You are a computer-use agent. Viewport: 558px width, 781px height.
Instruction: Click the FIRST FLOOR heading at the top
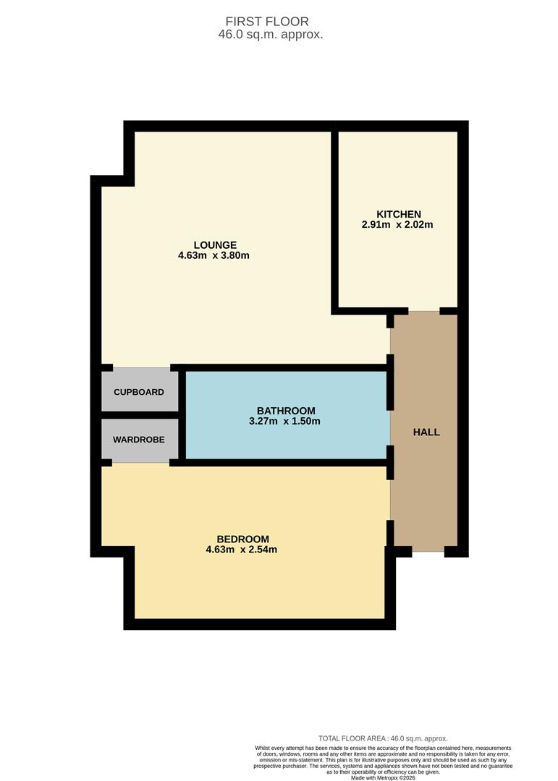[267, 22]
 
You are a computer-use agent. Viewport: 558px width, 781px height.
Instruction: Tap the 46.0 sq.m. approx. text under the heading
[270, 35]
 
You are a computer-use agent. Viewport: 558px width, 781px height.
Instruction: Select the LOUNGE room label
[215, 245]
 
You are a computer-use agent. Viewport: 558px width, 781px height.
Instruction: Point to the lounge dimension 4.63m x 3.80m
[214, 255]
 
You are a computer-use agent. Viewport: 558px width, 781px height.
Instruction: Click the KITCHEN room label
[399, 214]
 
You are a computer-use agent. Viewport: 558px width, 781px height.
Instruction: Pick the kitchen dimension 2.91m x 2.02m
[397, 225]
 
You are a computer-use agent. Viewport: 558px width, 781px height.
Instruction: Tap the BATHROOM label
[286, 411]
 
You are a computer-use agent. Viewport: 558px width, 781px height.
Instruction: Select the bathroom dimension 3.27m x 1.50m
[284, 422]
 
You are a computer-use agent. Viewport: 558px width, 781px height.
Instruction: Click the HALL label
[426, 432]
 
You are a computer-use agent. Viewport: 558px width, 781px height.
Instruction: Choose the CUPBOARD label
[139, 392]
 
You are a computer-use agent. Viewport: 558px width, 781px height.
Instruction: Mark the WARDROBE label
[139, 440]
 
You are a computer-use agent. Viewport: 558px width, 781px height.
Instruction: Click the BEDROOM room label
[243, 539]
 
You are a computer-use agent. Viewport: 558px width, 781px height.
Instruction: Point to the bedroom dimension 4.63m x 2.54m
[241, 550]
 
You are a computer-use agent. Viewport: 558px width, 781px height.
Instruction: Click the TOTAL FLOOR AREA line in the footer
[383, 738]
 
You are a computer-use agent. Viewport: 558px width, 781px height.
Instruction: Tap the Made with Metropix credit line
[383, 777]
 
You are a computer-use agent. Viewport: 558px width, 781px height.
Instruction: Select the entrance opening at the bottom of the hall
[428, 551]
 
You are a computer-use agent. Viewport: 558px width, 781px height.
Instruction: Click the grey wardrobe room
[140, 440]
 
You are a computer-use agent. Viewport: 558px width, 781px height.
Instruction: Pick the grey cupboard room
[140, 390]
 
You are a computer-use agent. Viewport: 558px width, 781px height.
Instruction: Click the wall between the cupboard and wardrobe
[140, 415]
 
